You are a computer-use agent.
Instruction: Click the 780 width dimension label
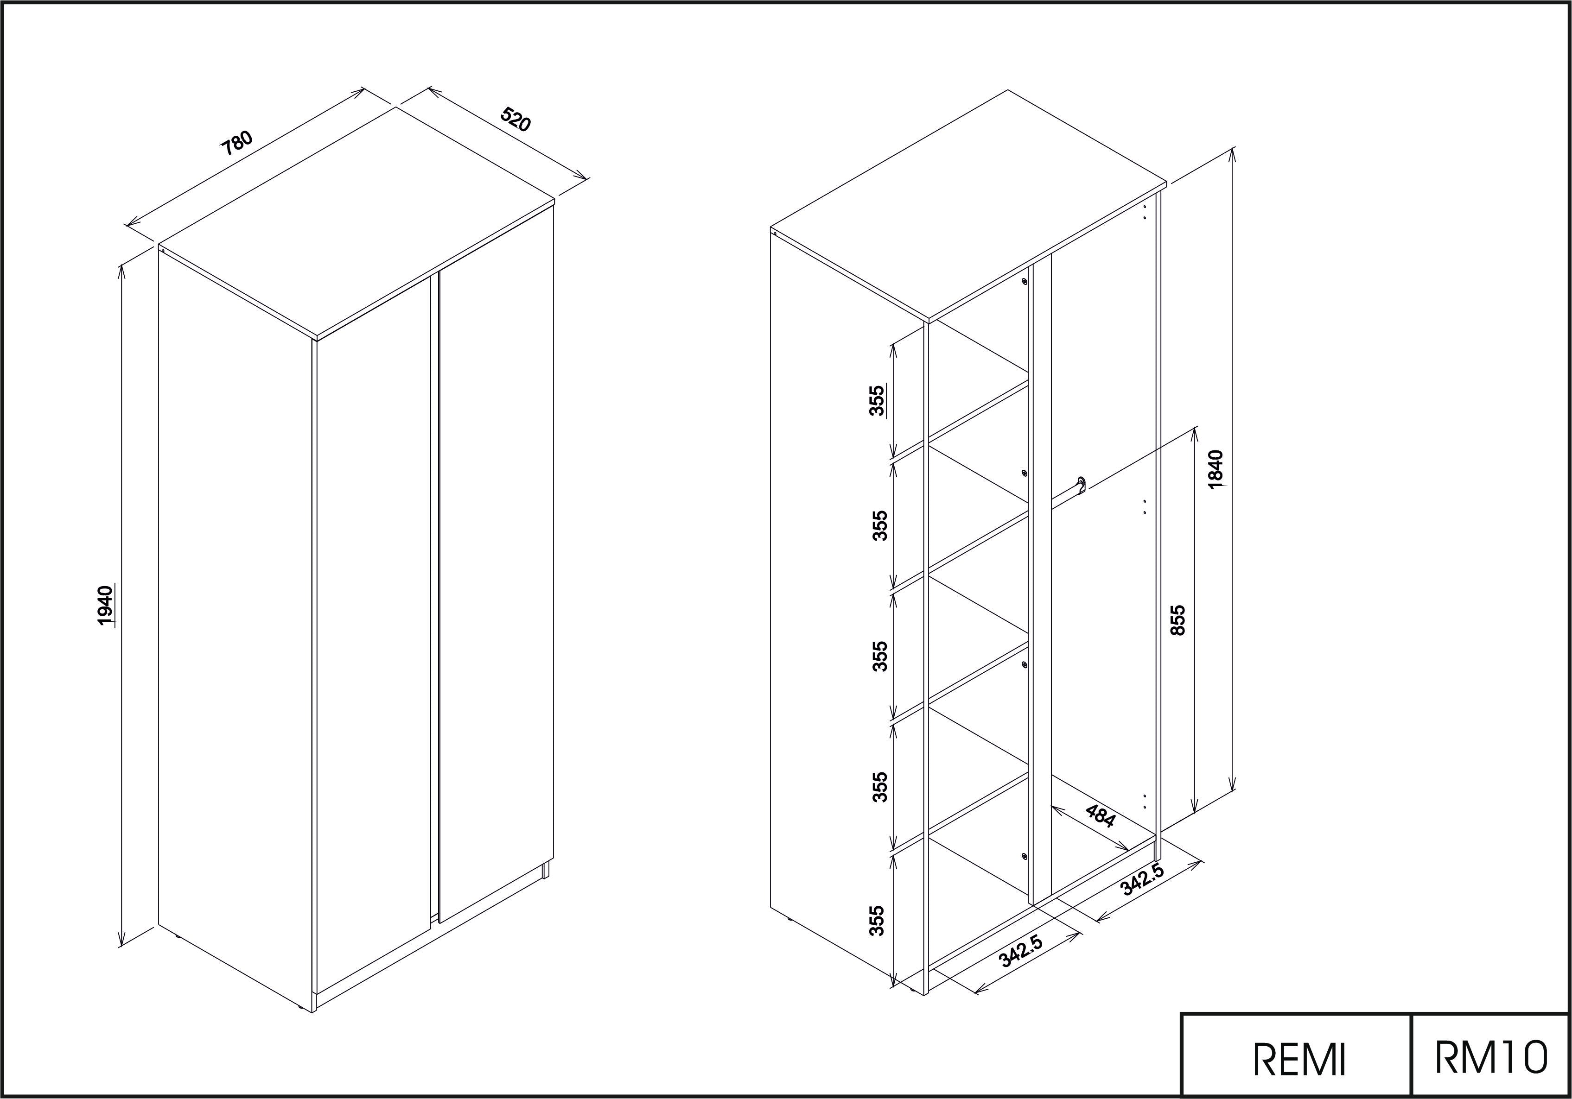coord(237,143)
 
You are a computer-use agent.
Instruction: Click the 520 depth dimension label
coord(516,119)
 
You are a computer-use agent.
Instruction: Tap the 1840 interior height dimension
coord(1216,469)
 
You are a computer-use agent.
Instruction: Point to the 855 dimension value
coord(1177,620)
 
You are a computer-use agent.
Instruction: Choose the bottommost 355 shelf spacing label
coord(876,921)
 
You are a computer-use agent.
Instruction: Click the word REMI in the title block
coord(1299,1059)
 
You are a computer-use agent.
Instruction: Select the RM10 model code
coord(1491,1057)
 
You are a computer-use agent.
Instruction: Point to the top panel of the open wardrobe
coord(968,205)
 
